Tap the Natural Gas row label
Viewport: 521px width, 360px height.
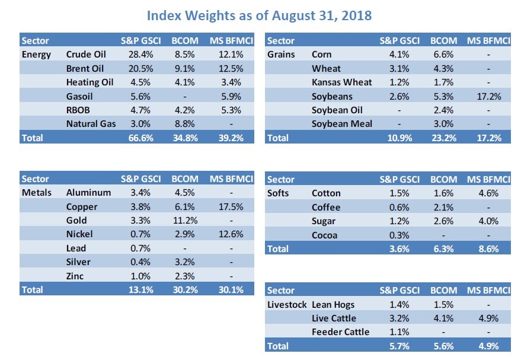(91, 123)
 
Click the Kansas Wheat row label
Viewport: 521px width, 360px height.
(341, 82)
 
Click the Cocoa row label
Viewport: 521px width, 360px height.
(325, 235)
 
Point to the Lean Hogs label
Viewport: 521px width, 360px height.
(333, 304)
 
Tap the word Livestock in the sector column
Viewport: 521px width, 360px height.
(287, 304)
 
